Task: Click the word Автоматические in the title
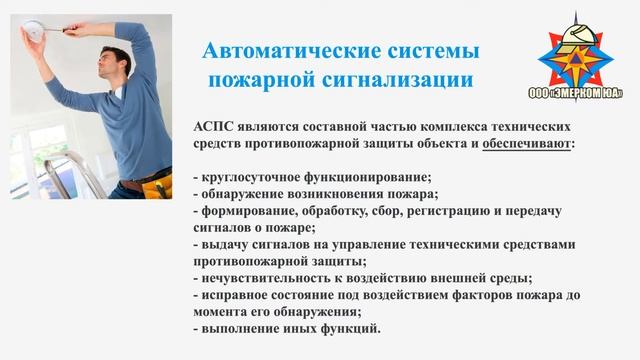pos(292,51)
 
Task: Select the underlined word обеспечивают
pos(527,144)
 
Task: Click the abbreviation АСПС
pos(213,127)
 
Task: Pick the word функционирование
pos(367,178)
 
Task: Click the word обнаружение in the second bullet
pos(242,194)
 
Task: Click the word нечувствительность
pos(268,278)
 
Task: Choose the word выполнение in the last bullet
pos(239,329)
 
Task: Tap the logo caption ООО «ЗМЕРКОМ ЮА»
pos(576,93)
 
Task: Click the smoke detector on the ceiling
pos(33,31)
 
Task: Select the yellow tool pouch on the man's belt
pos(157,187)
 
